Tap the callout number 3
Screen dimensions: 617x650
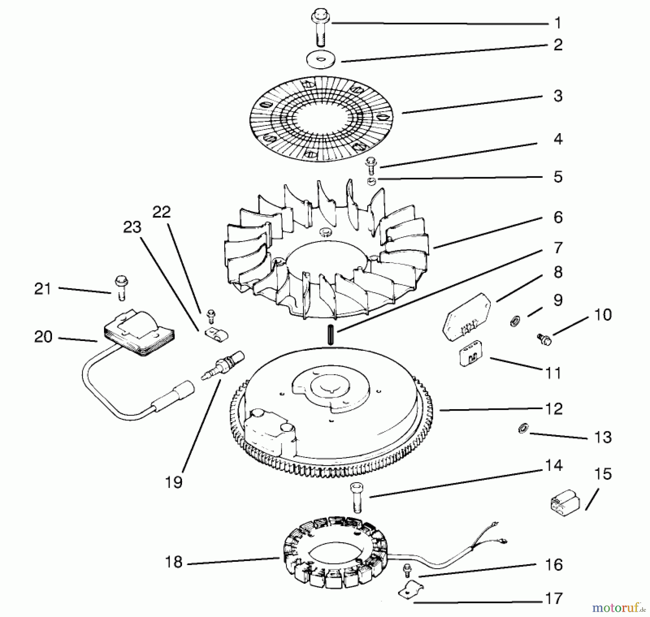point(558,96)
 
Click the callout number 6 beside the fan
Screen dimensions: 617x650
point(558,218)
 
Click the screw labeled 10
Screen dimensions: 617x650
point(544,339)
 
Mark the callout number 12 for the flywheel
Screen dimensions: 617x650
point(554,409)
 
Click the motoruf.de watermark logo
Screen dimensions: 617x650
point(618,608)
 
